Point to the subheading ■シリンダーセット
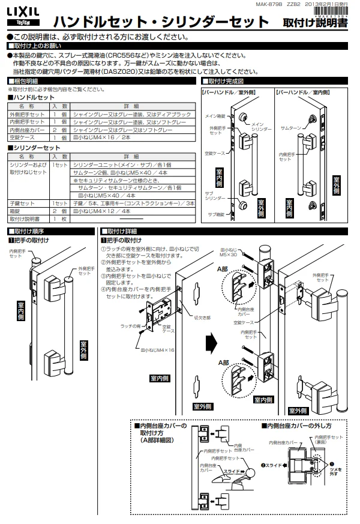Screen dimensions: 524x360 [34, 148]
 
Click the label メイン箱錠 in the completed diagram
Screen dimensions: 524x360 [215, 115]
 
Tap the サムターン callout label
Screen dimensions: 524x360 [290, 128]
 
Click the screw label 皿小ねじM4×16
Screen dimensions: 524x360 [157, 349]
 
